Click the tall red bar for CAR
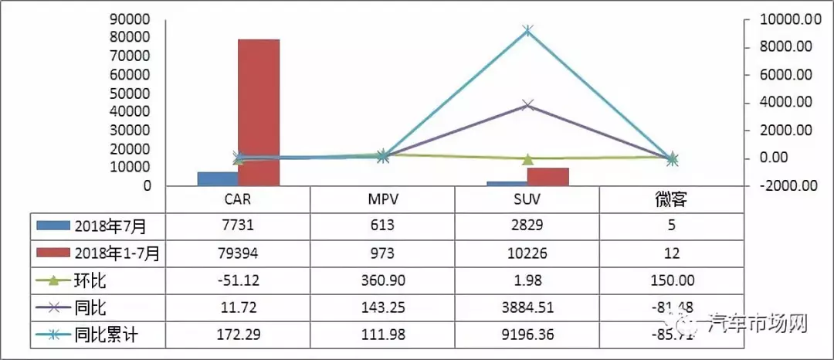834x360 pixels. click(258, 112)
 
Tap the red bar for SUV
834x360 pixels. click(548, 177)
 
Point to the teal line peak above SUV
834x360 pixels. click(527, 31)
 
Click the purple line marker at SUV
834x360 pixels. click(527, 104)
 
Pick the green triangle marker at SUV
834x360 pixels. click(527, 159)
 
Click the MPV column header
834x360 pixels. click(382, 201)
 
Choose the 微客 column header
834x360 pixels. click(670, 201)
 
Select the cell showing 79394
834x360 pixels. click(238, 253)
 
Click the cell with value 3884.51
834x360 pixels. click(527, 307)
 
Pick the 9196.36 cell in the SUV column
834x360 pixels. click(527, 335)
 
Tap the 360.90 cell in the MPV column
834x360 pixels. click(382, 280)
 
